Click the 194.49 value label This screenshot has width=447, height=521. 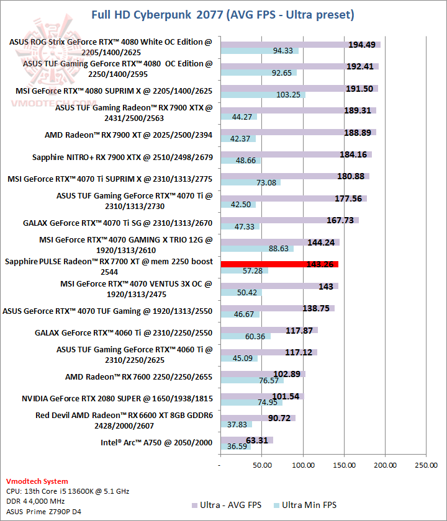[x=361, y=44]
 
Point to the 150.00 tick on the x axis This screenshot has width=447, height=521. [x=345, y=464]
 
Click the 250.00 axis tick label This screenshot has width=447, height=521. [x=425, y=464]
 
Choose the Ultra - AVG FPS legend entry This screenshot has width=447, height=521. [x=227, y=505]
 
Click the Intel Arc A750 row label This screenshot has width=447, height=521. [x=156, y=442]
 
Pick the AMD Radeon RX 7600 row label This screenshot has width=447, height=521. [x=138, y=376]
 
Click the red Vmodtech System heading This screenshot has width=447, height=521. [x=37, y=481]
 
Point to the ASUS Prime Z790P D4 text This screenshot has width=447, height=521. [x=43, y=511]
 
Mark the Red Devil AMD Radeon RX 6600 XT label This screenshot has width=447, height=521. [x=124, y=421]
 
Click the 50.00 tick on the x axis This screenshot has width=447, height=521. [x=261, y=464]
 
